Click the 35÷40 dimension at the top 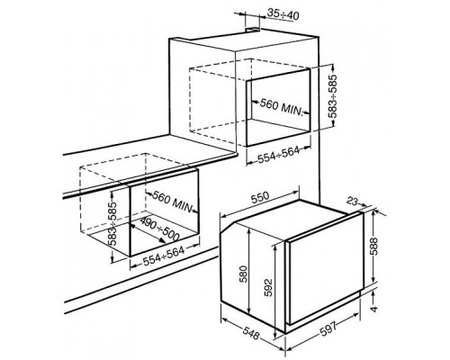283,14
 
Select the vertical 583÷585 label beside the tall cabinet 333,96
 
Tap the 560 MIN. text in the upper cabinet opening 280,107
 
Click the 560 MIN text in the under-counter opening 173,201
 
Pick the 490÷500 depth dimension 159,229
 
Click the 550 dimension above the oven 260,198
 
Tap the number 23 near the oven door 353,202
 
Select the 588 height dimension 374,247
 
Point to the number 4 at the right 373,308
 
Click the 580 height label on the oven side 244,274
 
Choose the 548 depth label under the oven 251,333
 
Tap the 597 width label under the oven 328,328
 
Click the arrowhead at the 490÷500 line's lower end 162,240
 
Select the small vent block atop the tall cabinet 253,30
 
